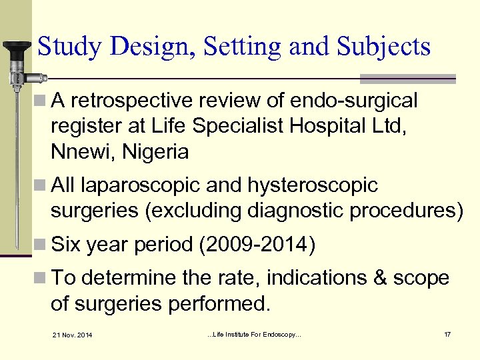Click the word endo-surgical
[x=355, y=101]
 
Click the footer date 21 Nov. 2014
[x=73, y=334]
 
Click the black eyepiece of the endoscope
[x=17, y=48]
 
